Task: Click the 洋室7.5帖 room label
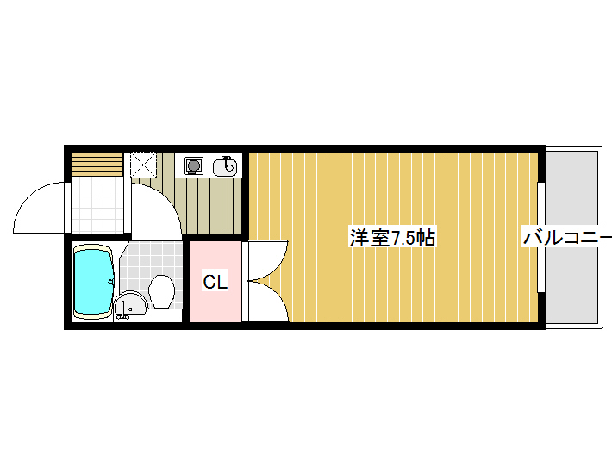(x=392, y=238)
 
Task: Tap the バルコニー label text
(x=567, y=238)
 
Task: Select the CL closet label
(x=215, y=282)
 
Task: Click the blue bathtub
(x=94, y=282)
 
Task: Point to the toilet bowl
(x=161, y=291)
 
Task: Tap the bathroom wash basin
(x=130, y=304)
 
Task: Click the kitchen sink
(x=225, y=166)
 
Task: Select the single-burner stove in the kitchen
(x=194, y=165)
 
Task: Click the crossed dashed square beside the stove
(x=143, y=165)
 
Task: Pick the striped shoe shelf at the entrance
(x=97, y=165)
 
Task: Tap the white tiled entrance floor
(x=97, y=204)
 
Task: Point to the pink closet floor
(x=215, y=282)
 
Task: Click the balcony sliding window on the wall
(x=541, y=237)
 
